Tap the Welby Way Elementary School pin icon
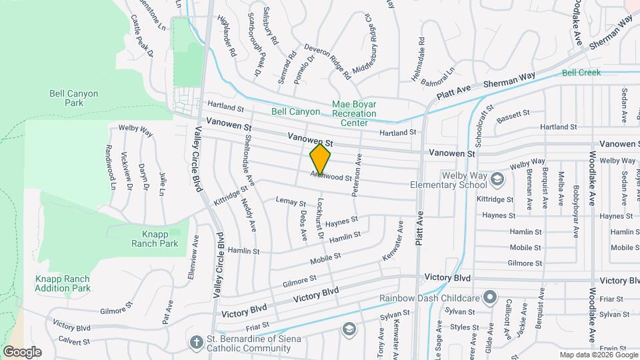[496, 179]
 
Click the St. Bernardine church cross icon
[196, 341]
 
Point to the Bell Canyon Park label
[74, 98]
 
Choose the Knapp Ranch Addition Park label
[63, 283]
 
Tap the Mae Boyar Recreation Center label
[354, 113]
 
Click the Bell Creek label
[581, 73]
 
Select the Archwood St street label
[331, 177]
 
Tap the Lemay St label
[291, 201]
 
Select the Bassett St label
[512, 115]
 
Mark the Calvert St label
[72, 341]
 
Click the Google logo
[22, 352]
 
